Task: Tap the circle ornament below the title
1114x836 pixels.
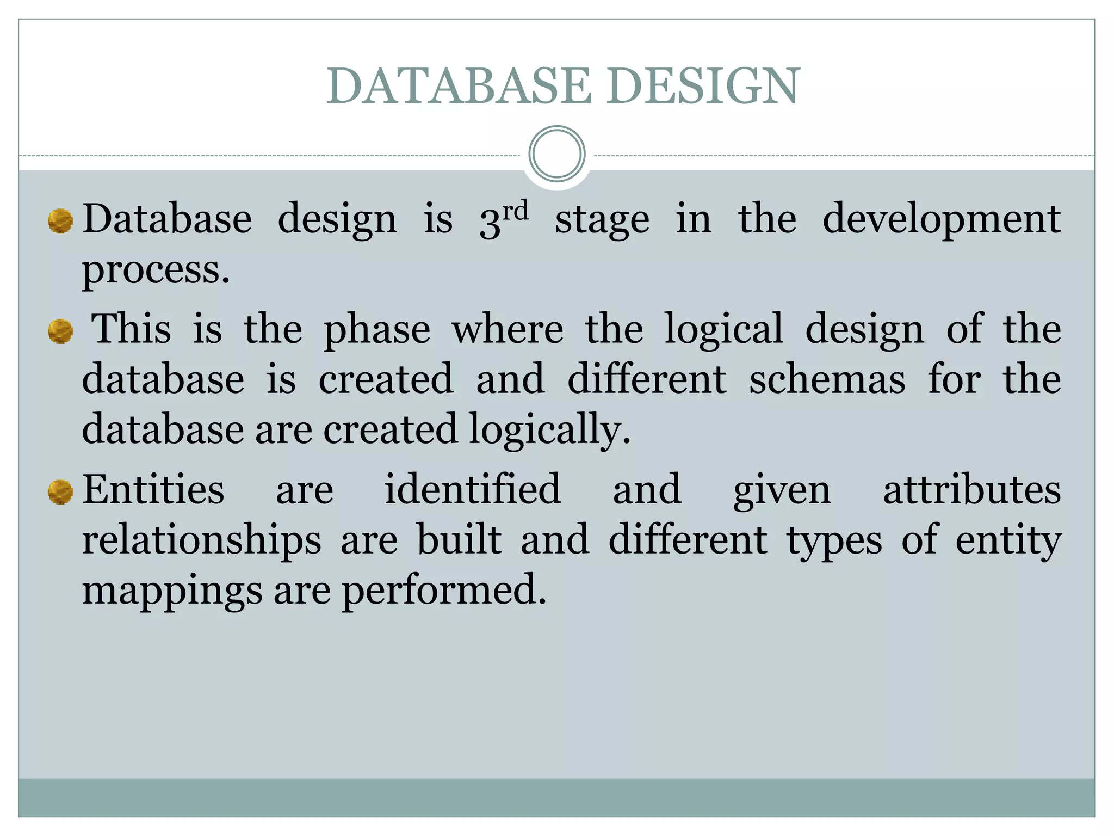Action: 556,154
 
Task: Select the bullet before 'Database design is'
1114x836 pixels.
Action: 60,221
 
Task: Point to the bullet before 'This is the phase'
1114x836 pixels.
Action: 60,331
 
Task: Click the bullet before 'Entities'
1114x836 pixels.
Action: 60,492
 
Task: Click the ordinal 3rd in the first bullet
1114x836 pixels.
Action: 504,219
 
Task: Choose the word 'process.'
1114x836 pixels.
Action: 156,271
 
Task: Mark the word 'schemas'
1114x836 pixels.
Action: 827,379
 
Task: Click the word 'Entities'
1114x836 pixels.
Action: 153,490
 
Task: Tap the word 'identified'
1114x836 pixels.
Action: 472,490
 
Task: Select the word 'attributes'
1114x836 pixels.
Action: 971,490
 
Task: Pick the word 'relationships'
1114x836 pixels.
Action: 202,541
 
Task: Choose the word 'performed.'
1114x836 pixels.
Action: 444,591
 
